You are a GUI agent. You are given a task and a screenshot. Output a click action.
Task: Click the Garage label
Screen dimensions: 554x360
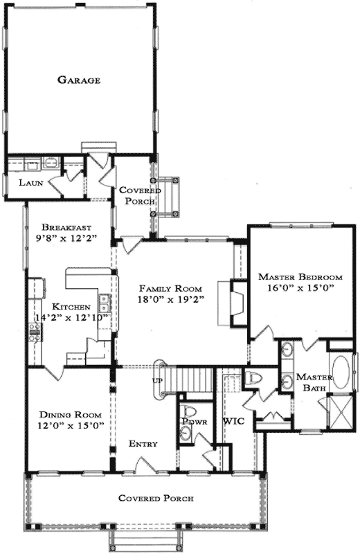coord(79,80)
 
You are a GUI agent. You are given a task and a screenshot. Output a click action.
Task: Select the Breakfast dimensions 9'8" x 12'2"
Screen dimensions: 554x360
coord(68,238)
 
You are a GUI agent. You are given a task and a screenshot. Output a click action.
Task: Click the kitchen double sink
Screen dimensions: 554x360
coord(104,303)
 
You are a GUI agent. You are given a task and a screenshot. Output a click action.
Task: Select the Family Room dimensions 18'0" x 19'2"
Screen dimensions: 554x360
coord(170,300)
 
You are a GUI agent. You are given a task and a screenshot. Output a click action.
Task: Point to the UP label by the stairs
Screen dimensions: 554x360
coord(156,381)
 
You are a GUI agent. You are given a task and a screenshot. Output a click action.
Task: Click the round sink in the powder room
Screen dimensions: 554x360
coord(185,434)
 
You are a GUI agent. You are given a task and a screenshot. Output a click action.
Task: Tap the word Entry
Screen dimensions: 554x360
coord(143,444)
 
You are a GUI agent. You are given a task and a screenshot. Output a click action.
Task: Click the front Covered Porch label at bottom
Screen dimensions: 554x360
coord(155,498)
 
